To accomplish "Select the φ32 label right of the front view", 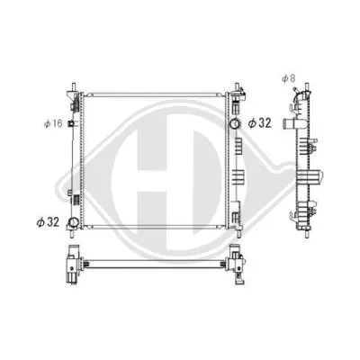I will tap(259, 121).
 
